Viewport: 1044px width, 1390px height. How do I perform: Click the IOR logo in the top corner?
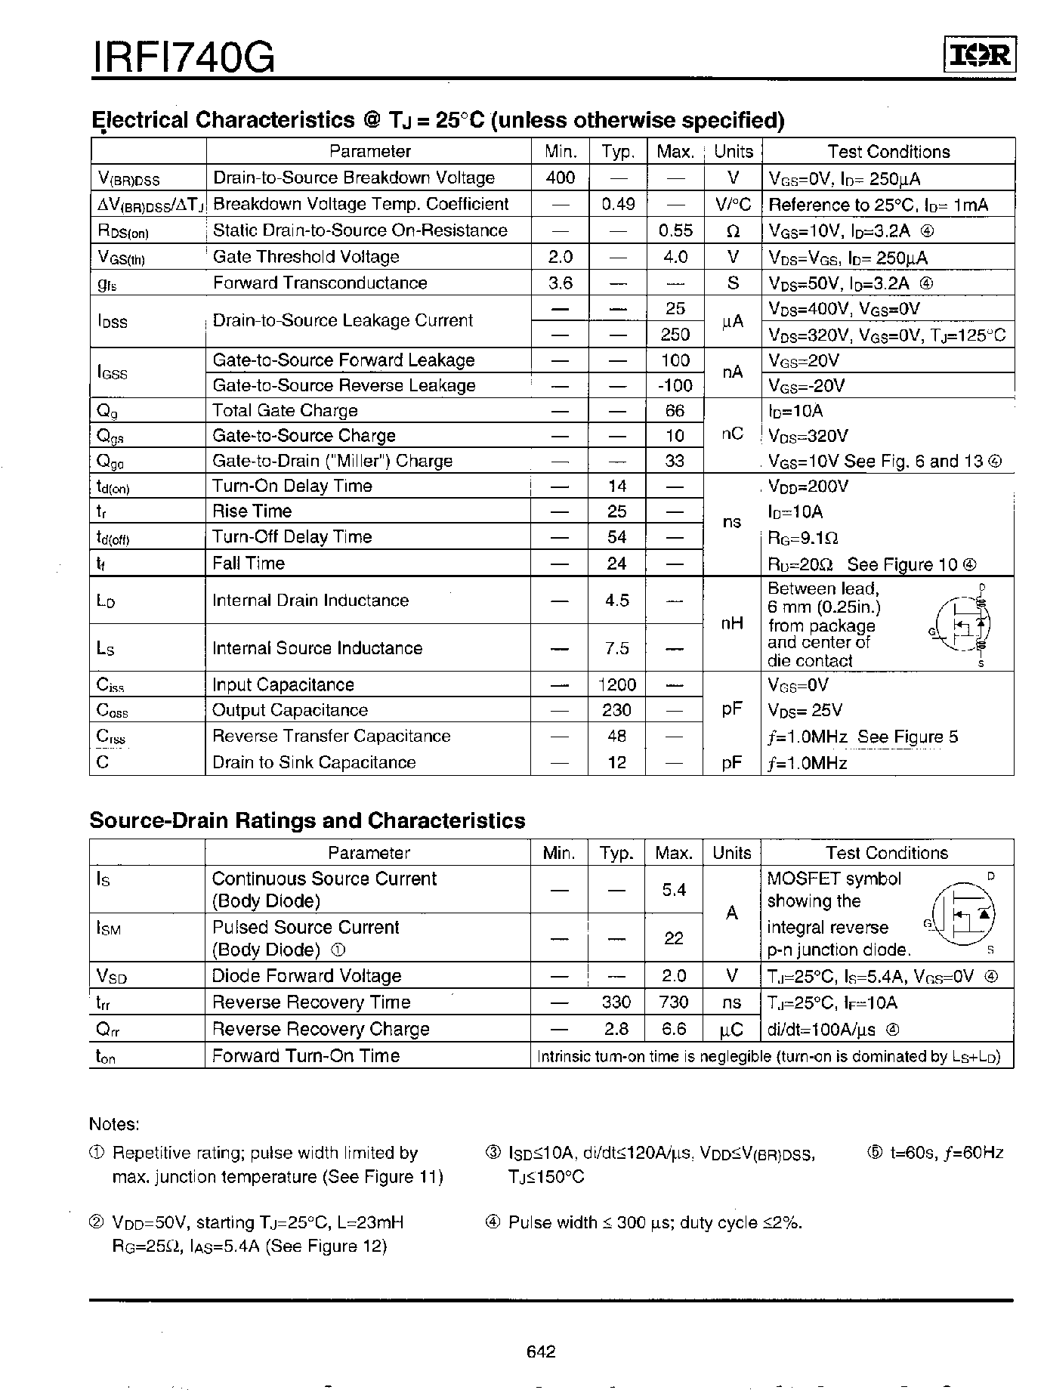pyautogui.click(x=980, y=56)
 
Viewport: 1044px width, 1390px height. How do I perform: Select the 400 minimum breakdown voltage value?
pyautogui.click(x=560, y=178)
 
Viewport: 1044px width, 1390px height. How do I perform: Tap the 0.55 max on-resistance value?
pyautogui.click(x=675, y=230)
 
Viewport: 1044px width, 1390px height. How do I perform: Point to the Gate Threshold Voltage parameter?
pyautogui.click(x=306, y=257)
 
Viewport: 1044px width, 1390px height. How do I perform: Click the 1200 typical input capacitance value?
pyautogui.click(x=616, y=684)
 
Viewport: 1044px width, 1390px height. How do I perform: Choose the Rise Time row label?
pyautogui.click(x=252, y=511)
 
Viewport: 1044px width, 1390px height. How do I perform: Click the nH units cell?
pyautogui.click(x=732, y=623)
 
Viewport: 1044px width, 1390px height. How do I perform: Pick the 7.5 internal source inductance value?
pyautogui.click(x=616, y=648)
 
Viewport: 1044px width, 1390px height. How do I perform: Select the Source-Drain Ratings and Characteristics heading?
pyautogui.click(x=307, y=820)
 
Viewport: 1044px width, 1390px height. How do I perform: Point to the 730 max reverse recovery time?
pyautogui.click(x=674, y=1002)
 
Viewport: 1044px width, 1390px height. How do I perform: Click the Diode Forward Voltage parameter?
pyautogui.click(x=306, y=976)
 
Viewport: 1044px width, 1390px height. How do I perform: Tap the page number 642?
pyautogui.click(x=541, y=1351)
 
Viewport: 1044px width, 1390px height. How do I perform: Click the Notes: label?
pyautogui.click(x=114, y=1124)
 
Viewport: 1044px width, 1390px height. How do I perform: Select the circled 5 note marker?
pyautogui.click(x=875, y=1153)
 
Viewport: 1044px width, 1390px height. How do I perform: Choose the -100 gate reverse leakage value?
pyautogui.click(x=675, y=385)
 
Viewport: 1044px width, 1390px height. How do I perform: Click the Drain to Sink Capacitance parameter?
pyautogui.click(x=314, y=762)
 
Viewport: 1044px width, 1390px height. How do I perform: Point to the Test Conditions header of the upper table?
pyautogui.click(x=888, y=152)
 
